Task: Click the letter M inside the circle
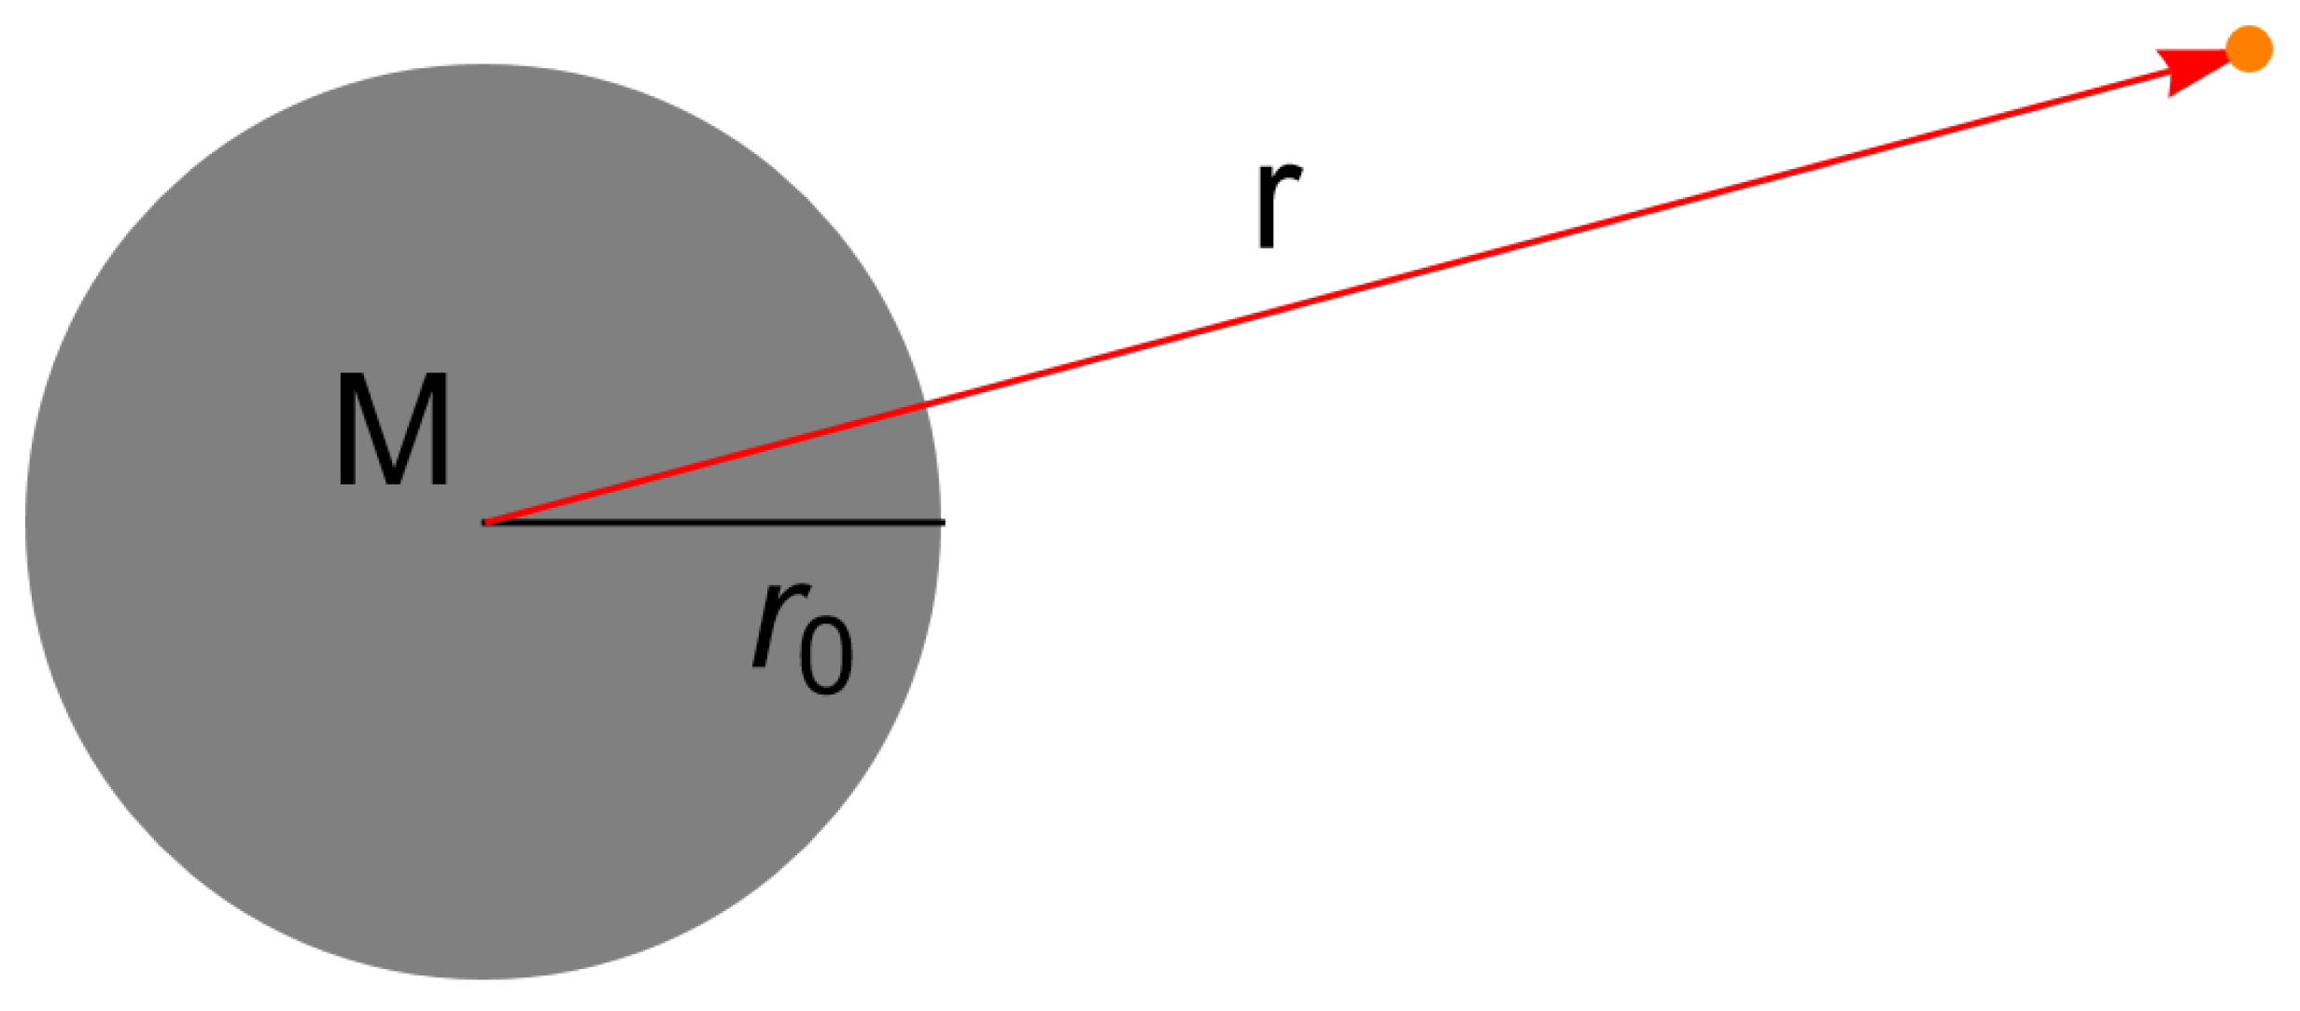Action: tap(393, 430)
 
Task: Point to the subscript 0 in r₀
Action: tap(827, 654)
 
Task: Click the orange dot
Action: tap(2249, 49)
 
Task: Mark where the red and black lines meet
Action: tap(485, 522)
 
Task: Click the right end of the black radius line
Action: tap(943, 522)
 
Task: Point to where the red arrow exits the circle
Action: tap(925, 405)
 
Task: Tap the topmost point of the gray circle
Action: tap(484, 65)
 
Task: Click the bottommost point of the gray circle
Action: tap(484, 978)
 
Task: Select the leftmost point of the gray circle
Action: tap(27, 522)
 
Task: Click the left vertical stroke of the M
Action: tap(345, 430)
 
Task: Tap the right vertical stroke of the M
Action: tap(441, 430)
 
